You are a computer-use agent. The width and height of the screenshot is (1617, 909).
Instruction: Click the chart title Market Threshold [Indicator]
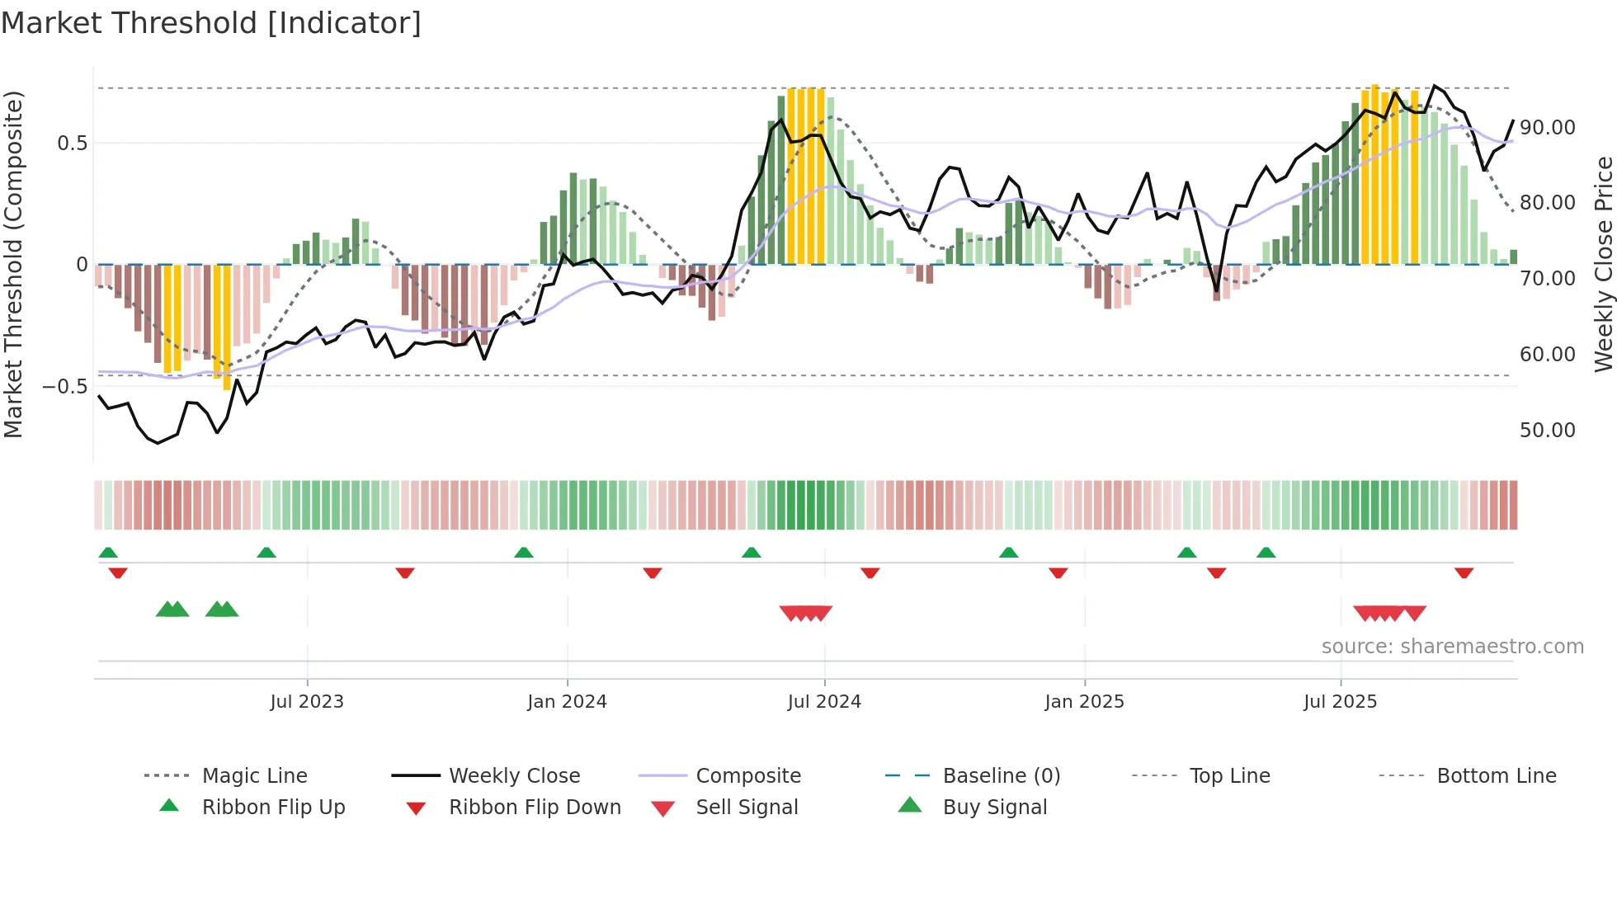pos(211,23)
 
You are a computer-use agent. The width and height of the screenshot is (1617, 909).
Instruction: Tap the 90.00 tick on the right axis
pos(1547,128)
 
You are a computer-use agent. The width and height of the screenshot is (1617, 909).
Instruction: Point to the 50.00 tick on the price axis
pos(1547,430)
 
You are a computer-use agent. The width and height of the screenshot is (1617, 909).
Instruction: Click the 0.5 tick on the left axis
pos(72,144)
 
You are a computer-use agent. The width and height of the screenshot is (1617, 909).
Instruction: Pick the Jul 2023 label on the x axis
pos(307,702)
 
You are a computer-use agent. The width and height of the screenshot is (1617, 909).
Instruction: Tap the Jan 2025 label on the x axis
pos(1084,702)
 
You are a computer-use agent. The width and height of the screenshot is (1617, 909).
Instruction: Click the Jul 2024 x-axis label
pos(824,702)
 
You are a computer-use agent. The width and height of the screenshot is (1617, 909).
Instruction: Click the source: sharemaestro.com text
pos(1452,647)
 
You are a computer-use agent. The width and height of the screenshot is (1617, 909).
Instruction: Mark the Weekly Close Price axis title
pos(1603,264)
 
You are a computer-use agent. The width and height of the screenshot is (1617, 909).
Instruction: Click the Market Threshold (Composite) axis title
pos(13,264)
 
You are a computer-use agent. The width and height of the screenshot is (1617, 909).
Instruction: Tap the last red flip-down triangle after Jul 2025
pos(1464,573)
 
